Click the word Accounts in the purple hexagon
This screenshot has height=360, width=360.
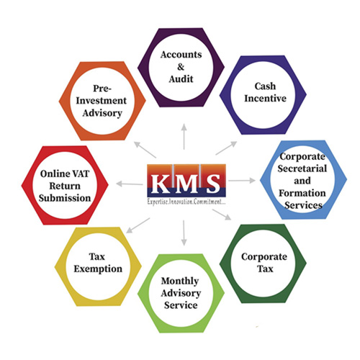(x=181, y=55)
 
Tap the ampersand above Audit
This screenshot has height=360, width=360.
(x=181, y=67)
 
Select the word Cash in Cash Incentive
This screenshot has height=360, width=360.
(x=265, y=86)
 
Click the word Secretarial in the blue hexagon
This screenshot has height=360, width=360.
(x=302, y=168)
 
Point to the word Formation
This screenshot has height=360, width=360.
(x=302, y=193)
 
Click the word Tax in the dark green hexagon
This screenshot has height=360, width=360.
(x=265, y=269)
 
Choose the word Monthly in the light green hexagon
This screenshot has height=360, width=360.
(x=180, y=281)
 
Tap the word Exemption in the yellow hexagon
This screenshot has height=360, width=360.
(x=98, y=269)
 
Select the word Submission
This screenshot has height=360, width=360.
(x=65, y=198)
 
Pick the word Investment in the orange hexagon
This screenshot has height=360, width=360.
(x=101, y=101)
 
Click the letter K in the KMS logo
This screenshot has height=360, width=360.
(x=160, y=184)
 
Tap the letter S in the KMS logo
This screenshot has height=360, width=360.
(x=213, y=184)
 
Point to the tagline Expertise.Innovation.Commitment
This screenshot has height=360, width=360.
(x=186, y=202)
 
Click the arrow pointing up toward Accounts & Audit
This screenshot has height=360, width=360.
(x=184, y=137)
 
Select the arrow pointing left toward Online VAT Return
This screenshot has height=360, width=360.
(x=130, y=184)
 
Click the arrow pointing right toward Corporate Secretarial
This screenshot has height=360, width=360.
(x=242, y=180)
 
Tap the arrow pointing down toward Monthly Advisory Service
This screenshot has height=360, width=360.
(x=184, y=233)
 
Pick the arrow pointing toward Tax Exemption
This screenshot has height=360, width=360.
(x=138, y=225)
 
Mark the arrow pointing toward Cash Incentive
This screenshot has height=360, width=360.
(x=226, y=148)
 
